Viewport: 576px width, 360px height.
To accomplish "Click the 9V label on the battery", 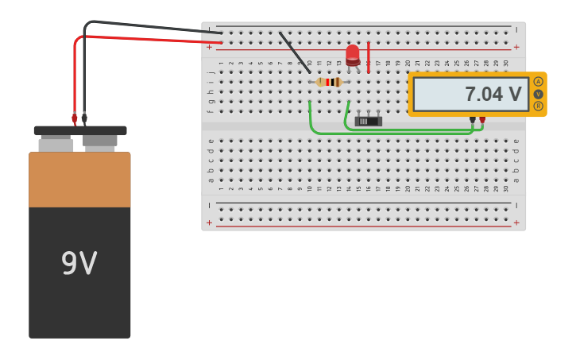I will (79, 264).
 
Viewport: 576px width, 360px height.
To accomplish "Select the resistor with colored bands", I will (329, 82).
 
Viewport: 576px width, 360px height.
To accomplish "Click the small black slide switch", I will (368, 121).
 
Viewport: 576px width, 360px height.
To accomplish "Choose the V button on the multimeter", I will (539, 94).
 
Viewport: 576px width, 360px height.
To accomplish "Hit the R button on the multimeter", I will (539, 106).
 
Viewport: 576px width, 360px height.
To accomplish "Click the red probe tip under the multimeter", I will (482, 120).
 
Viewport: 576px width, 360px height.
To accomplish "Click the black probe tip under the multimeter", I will (473, 120).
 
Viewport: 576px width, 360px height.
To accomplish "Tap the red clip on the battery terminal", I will (75, 118).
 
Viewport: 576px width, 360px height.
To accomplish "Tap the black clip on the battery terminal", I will (84, 118).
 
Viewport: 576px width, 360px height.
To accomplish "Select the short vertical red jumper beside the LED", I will (369, 57).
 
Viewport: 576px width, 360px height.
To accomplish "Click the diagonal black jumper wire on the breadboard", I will (294, 52).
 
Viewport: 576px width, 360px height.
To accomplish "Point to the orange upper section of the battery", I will (79, 179).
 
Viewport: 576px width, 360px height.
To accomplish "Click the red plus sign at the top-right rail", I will (516, 47).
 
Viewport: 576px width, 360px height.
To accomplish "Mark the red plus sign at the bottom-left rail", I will (210, 223).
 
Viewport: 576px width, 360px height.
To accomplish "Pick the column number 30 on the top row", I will (506, 63).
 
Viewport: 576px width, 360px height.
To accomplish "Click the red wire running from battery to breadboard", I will (143, 38).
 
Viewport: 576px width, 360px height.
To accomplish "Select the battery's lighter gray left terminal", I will (56, 145).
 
